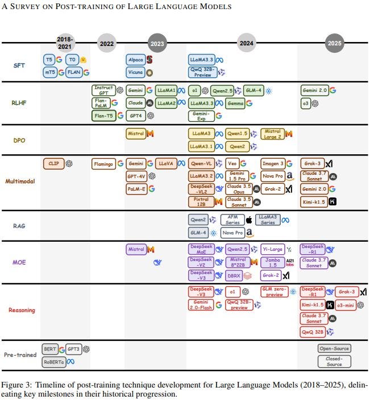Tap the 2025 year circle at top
tap(334, 43)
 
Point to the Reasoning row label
tap(22, 310)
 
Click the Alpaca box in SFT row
tap(135, 60)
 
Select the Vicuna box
tap(135, 73)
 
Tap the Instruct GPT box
tap(103, 90)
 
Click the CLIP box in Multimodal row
tap(53, 163)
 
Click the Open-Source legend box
tap(334, 348)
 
